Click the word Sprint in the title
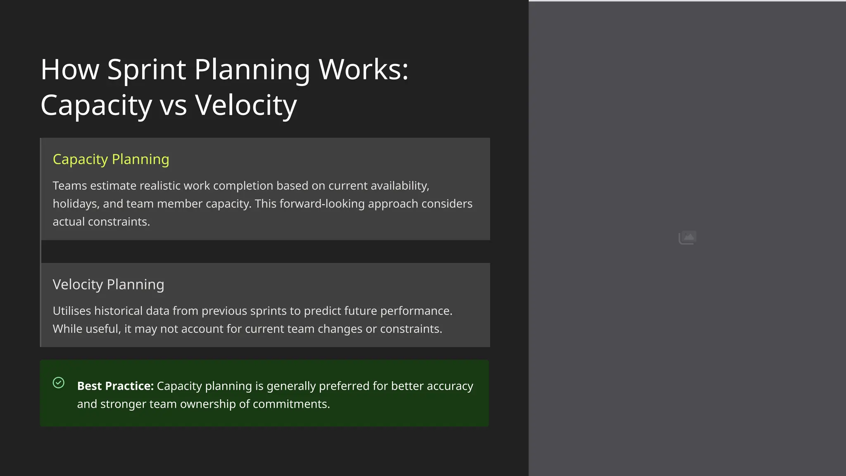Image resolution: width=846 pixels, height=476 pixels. coord(146,69)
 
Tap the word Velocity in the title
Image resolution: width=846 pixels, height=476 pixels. coord(246,105)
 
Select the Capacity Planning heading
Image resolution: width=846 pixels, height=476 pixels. coord(111,159)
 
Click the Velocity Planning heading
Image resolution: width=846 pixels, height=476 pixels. coord(108,284)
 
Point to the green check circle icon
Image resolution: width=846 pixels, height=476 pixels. coord(59,383)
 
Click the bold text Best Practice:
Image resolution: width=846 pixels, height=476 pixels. coord(115,386)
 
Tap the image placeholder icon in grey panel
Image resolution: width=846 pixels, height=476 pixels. coord(687,238)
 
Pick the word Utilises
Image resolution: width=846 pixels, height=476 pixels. coord(71,311)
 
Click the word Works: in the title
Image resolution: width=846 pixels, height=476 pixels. coord(364,69)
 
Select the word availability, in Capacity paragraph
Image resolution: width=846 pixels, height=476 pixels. coord(399,186)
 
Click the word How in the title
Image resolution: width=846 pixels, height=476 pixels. coord(70,69)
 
